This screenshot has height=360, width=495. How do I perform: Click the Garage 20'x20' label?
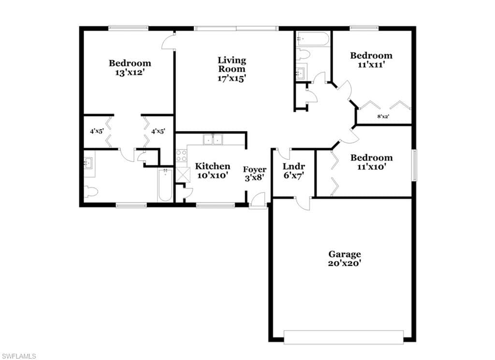tap(344, 258)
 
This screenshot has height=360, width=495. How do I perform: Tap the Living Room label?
tap(232, 69)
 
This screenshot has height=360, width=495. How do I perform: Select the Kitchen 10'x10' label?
tap(213, 171)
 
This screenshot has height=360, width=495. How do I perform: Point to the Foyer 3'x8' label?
tap(254, 174)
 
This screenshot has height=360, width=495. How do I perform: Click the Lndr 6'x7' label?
tap(293, 171)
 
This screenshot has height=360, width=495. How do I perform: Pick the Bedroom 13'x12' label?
tap(130, 68)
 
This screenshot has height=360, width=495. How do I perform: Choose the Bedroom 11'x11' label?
tap(371, 60)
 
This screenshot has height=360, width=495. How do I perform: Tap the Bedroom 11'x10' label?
tap(371, 162)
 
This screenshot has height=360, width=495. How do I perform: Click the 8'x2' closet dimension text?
tap(383, 116)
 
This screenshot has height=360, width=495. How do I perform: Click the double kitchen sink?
tap(213, 139)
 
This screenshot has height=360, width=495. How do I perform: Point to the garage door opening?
tap(344, 337)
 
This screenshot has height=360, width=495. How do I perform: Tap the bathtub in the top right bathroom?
tap(313, 39)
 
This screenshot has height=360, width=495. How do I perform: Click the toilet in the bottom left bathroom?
tap(90, 192)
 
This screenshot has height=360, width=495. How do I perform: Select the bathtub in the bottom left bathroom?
tap(165, 185)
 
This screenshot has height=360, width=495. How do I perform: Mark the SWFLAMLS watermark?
tap(19, 356)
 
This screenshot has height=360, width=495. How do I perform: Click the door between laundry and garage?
tap(303, 203)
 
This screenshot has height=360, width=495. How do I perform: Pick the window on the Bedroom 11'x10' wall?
tap(414, 165)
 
